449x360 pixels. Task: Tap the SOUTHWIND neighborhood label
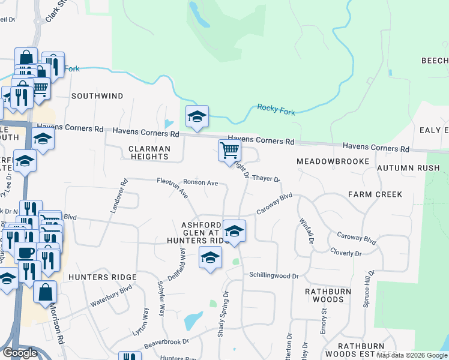(97, 96)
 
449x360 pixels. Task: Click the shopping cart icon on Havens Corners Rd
(229, 150)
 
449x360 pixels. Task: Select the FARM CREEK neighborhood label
(375, 194)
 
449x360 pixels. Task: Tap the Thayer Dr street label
(267, 178)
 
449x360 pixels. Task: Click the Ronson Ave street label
(200, 182)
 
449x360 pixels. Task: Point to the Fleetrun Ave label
(173, 187)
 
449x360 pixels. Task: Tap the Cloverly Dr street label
(345, 254)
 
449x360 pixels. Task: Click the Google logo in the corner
(20, 353)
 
